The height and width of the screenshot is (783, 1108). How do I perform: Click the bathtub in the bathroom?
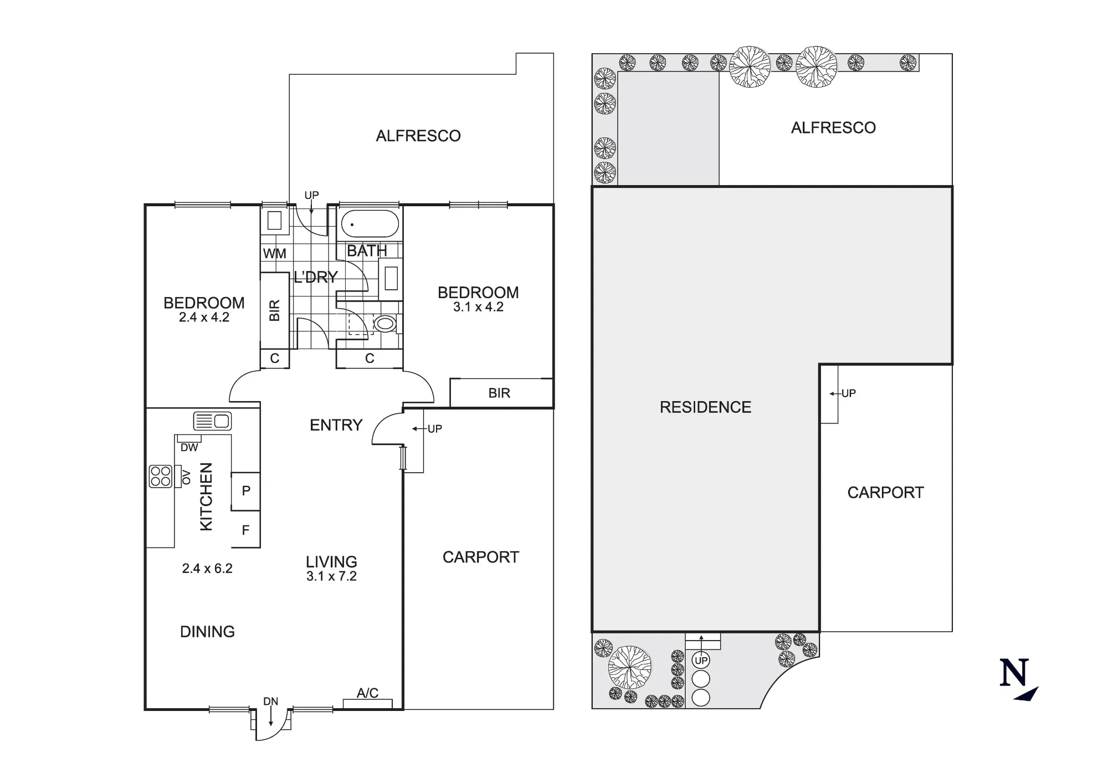(x=370, y=224)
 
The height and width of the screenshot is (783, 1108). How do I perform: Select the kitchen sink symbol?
(x=212, y=421)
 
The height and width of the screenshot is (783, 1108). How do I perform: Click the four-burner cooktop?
(x=161, y=477)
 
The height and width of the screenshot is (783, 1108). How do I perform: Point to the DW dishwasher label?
(x=189, y=448)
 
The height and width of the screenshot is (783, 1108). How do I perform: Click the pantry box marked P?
(x=246, y=490)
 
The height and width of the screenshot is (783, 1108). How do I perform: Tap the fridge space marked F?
(x=246, y=530)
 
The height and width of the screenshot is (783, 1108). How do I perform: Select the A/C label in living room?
(x=367, y=693)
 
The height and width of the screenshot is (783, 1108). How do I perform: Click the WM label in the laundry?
(x=275, y=254)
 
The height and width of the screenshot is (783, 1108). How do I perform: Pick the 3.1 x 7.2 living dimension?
(x=331, y=576)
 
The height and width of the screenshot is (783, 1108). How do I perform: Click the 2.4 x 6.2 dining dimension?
(x=207, y=569)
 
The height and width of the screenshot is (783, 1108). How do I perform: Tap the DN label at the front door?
(x=270, y=702)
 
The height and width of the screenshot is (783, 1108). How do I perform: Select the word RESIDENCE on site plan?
(x=705, y=407)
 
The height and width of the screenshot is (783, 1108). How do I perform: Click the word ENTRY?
(x=336, y=425)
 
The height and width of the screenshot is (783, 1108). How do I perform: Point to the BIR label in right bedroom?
(x=499, y=393)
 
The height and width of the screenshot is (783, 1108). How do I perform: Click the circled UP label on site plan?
(x=701, y=661)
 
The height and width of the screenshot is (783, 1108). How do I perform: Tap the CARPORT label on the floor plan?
(x=481, y=557)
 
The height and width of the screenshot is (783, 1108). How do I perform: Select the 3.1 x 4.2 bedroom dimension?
(x=478, y=307)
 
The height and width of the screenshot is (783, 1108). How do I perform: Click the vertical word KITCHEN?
(x=206, y=497)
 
